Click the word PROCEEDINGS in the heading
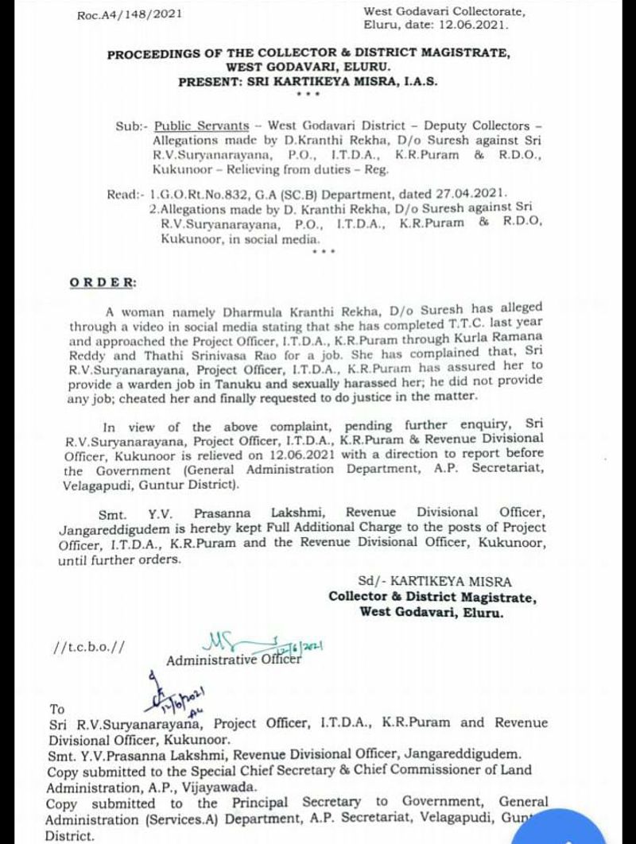160,54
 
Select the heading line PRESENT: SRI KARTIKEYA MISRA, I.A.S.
308,81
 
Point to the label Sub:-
131,126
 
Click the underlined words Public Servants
201,126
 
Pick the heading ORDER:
103,282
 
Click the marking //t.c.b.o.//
88,647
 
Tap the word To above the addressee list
57,709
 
